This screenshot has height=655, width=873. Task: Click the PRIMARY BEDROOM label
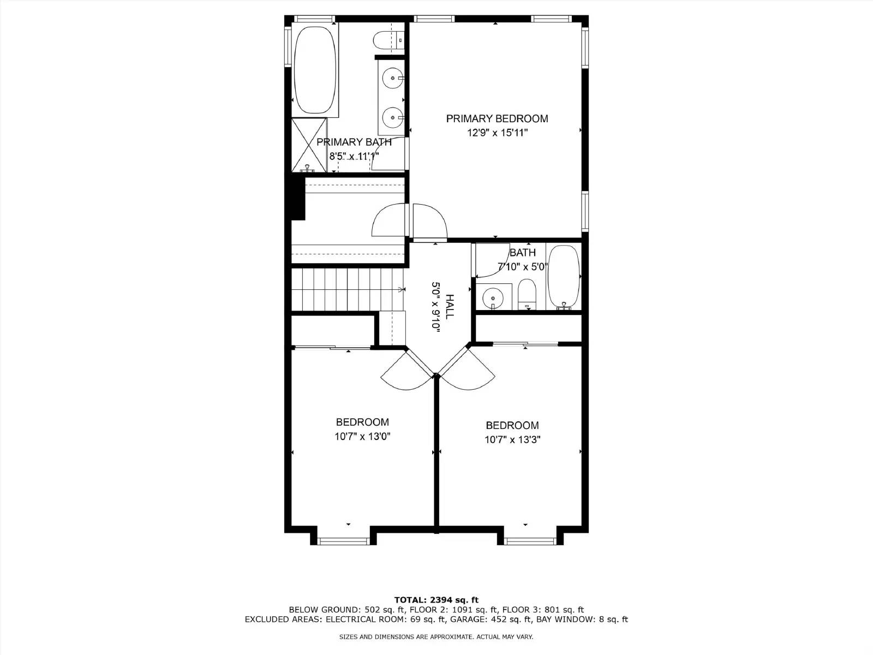497,118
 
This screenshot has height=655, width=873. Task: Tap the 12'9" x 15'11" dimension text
497,133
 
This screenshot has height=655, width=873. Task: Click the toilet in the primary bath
387,40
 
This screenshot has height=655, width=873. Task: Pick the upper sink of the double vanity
392,78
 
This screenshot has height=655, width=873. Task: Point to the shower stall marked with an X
308,145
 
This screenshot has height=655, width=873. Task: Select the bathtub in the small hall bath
563,277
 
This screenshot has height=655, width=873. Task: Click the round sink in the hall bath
493,298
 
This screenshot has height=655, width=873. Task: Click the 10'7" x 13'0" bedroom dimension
362,437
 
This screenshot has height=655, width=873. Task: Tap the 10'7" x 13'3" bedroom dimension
512,440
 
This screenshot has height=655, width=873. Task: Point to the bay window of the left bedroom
344,541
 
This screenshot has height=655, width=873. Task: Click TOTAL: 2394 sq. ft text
436,600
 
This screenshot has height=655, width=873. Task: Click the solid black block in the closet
297,199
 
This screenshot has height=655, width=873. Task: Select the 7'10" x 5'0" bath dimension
523,267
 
